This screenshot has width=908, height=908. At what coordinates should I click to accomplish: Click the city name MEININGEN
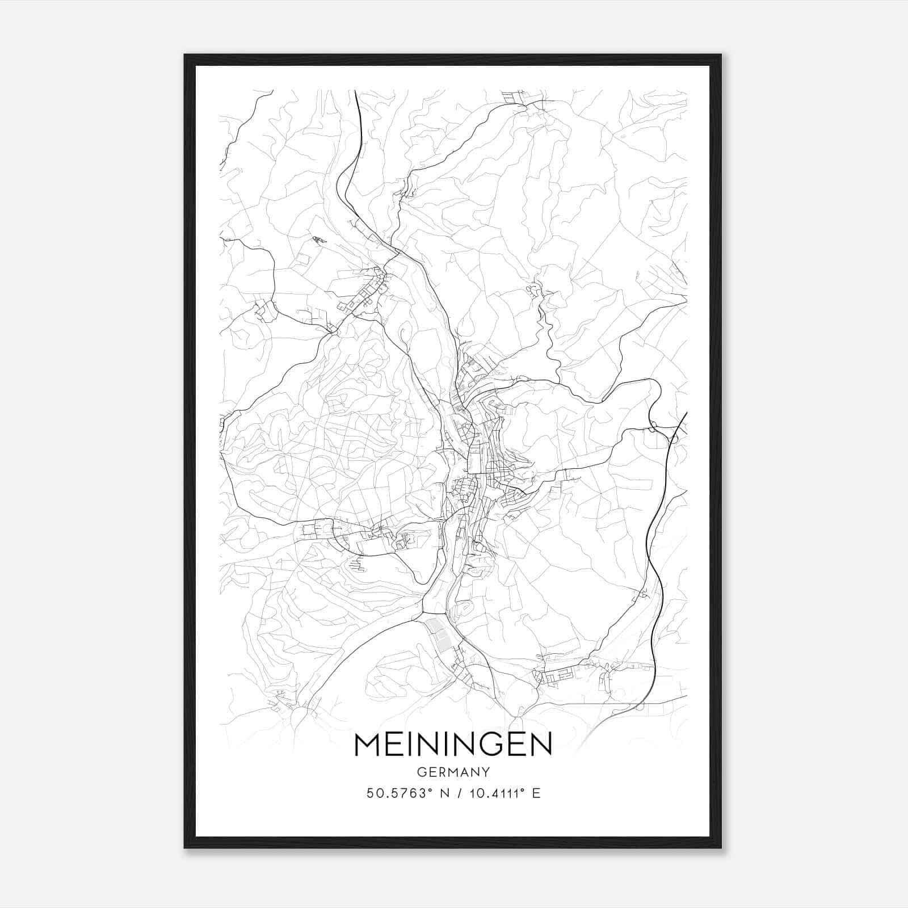[x=453, y=744]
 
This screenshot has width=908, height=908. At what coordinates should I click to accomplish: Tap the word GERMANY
[x=453, y=772]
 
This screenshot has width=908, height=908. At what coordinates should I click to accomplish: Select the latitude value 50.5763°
[x=396, y=793]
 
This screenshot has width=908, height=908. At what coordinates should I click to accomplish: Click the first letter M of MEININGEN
[x=367, y=744]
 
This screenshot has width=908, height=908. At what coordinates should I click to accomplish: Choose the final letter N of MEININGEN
[x=541, y=744]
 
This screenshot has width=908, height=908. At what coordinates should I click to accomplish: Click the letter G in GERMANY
[x=421, y=772]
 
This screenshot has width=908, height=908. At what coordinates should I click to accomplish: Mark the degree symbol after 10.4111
[x=524, y=789]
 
